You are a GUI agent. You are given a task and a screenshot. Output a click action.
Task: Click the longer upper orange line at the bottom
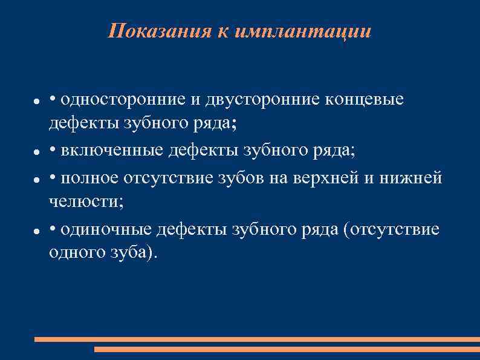pyautogui.click(x=256, y=339)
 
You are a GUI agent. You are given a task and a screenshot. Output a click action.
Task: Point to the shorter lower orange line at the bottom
pyautogui.click(x=287, y=349)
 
